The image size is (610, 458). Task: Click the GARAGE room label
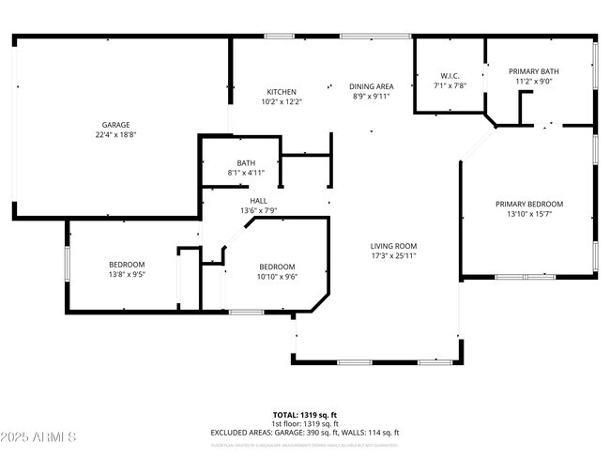pyautogui.click(x=116, y=125)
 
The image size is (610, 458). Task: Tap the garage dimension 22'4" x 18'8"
pyautogui.click(x=116, y=134)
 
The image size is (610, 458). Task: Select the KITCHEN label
pyautogui.click(x=282, y=92)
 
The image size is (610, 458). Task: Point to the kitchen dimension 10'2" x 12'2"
pyautogui.click(x=282, y=101)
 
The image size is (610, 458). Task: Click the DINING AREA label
pyautogui.click(x=371, y=86)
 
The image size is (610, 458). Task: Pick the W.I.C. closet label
pyautogui.click(x=449, y=76)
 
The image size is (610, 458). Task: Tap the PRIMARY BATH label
pyautogui.click(x=535, y=71)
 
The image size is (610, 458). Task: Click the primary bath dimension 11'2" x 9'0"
pyautogui.click(x=535, y=81)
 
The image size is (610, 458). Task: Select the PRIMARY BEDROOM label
pyautogui.click(x=529, y=204)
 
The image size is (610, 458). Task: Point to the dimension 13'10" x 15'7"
pyautogui.click(x=529, y=213)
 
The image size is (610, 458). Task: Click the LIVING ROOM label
pyautogui.click(x=392, y=246)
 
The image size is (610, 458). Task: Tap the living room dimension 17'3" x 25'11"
pyautogui.click(x=392, y=255)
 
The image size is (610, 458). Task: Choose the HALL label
pyautogui.click(x=258, y=201)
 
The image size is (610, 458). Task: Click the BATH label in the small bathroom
pyautogui.click(x=246, y=162)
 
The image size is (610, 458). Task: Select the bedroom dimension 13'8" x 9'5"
pyautogui.click(x=127, y=275)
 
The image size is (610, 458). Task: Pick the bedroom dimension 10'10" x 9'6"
pyautogui.click(x=277, y=276)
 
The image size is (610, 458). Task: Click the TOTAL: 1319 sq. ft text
pyautogui.click(x=305, y=414)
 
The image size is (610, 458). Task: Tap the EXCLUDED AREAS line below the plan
pyautogui.click(x=305, y=432)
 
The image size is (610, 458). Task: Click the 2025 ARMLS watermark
pyautogui.click(x=39, y=437)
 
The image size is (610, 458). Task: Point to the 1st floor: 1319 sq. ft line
pyautogui.click(x=305, y=423)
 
